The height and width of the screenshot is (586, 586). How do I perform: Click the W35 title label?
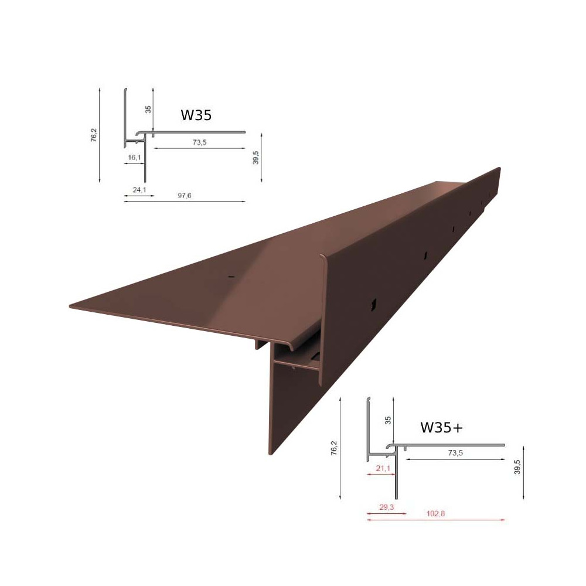(196, 115)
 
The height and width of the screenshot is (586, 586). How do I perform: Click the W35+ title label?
(441, 427)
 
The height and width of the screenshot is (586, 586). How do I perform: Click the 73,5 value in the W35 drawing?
(200, 142)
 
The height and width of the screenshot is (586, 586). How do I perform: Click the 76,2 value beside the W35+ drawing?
(333, 447)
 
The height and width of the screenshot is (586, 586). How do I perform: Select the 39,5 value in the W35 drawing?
(255, 156)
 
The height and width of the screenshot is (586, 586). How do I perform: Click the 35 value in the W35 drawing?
(148, 110)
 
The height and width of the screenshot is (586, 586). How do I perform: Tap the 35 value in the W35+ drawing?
(387, 420)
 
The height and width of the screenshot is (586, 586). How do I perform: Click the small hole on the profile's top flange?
(231, 275)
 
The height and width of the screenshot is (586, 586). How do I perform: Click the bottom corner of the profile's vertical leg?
(270, 454)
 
